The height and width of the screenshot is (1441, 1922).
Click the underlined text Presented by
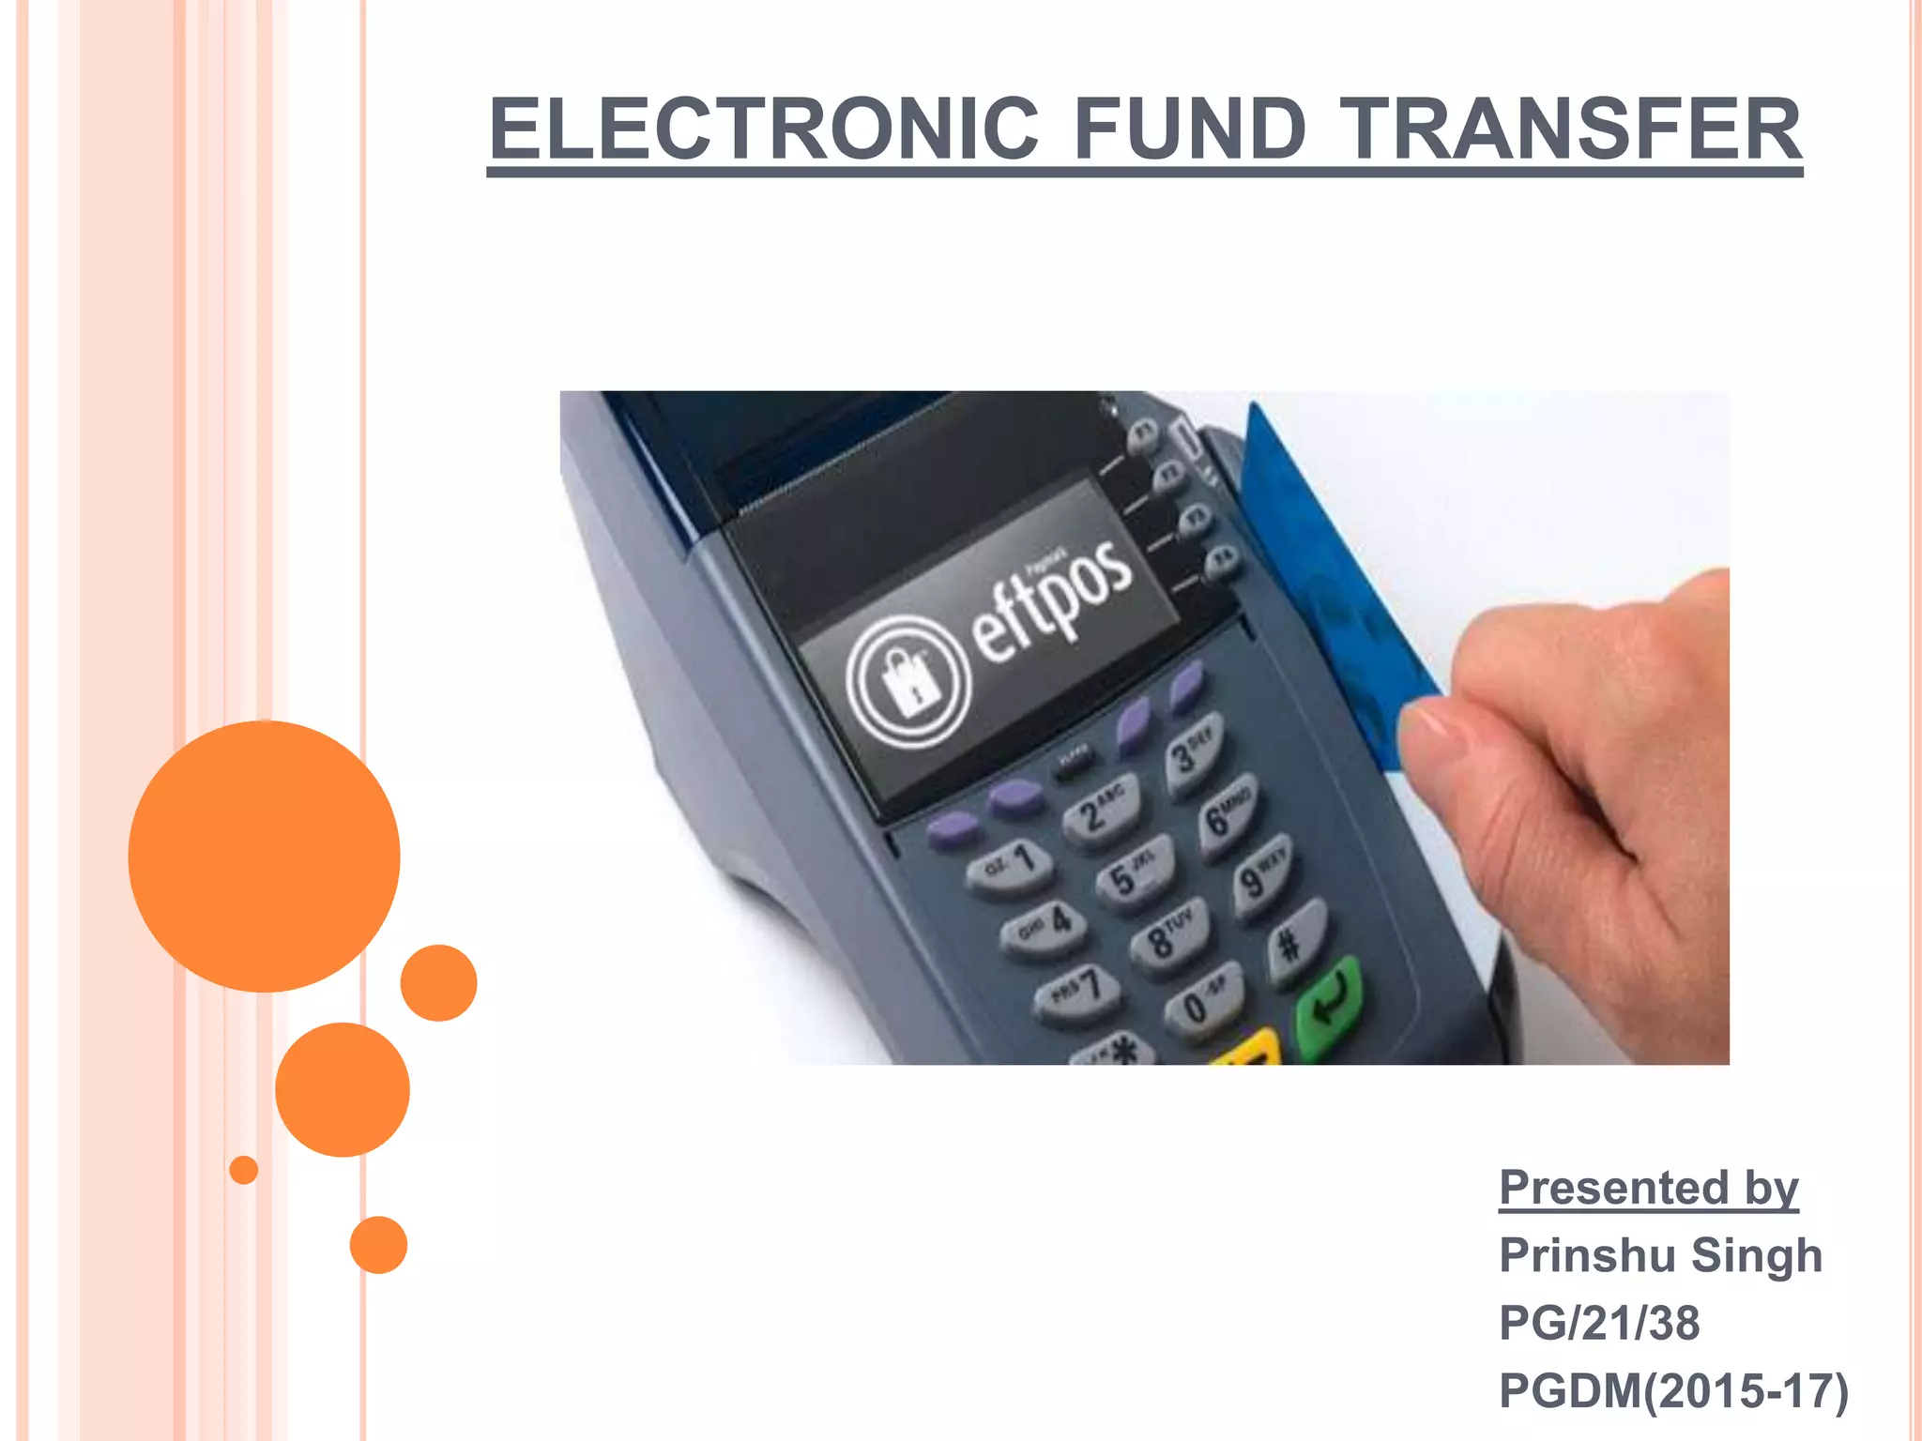1648,1188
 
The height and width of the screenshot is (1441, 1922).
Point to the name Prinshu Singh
1659,1255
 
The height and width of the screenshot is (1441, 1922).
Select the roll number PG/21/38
1599,1323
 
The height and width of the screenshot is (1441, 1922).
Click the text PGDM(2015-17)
1673,1390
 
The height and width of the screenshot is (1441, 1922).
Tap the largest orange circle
264,856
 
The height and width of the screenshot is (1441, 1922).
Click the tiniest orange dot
244,1170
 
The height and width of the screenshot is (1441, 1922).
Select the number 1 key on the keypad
1012,865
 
